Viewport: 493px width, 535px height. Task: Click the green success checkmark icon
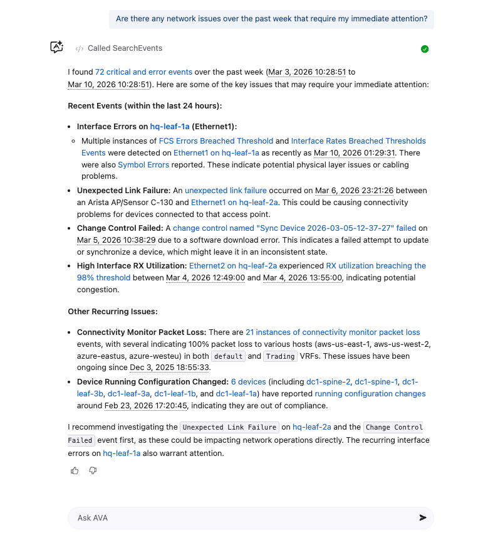[425, 49]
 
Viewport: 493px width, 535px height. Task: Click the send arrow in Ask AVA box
[423, 517]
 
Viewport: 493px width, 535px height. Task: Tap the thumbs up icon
[75, 470]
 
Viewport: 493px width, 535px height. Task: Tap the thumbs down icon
[93, 470]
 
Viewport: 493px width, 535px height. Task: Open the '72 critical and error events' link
[143, 72]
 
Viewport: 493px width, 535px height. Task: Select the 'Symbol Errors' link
[143, 165]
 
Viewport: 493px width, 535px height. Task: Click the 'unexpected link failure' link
[226, 191]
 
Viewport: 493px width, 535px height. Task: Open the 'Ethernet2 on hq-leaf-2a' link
[233, 266]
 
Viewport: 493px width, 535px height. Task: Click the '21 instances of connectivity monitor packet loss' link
[333, 332]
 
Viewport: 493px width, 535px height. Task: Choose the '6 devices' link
[249, 382]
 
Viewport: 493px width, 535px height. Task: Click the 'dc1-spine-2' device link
[328, 382]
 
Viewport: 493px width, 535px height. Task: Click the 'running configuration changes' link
[370, 394]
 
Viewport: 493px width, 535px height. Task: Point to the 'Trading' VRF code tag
[279, 356]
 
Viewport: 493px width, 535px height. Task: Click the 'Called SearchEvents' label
[125, 48]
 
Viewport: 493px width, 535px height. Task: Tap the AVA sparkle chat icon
[57, 47]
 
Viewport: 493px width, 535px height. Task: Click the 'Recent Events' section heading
[145, 106]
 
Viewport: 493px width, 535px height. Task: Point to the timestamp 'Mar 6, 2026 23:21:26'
[355, 191]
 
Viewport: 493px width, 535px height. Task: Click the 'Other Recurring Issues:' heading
[113, 312]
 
